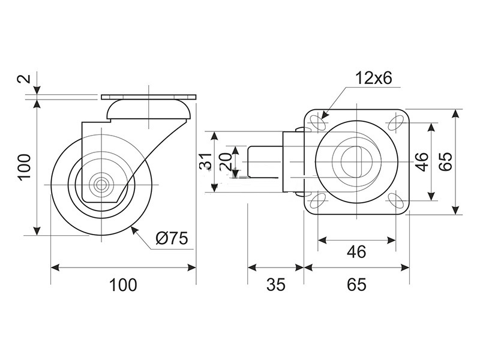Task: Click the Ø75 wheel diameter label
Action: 171,238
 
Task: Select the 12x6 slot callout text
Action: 373,78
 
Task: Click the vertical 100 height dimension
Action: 25,167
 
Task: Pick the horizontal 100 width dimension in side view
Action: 123,284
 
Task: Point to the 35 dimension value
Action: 275,284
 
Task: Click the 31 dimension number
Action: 206,161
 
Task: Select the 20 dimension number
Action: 226,161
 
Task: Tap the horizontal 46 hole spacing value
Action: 356,251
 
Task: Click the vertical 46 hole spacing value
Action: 422,161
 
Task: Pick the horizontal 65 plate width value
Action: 356,284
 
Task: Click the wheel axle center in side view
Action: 101,185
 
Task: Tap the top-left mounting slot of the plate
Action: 319,123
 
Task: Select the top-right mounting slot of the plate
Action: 395,123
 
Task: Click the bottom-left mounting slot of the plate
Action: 319,200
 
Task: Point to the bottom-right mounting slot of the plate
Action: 395,200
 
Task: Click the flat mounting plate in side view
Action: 148,97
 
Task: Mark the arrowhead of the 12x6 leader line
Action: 325,115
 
